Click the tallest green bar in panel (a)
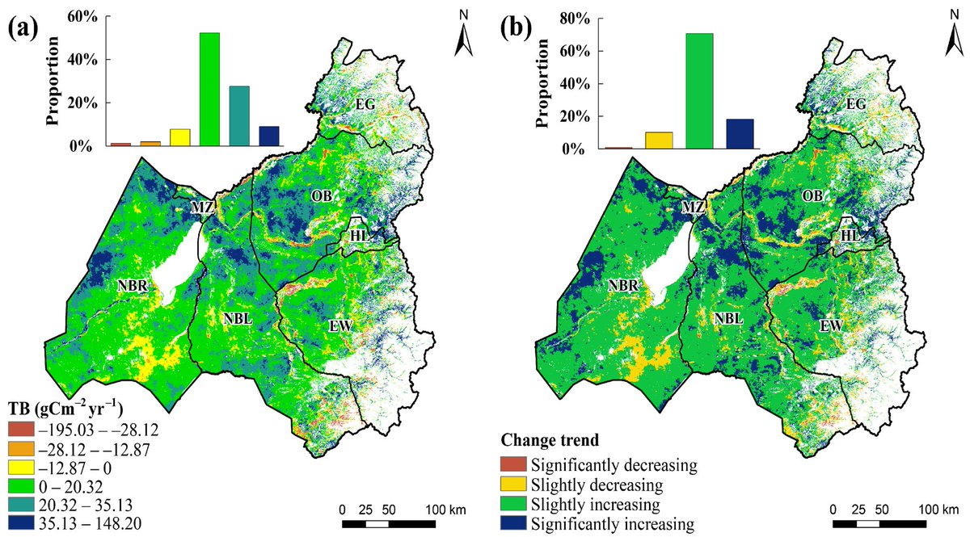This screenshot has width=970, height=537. (x=209, y=89)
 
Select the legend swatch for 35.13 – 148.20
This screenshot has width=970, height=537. (x=20, y=518)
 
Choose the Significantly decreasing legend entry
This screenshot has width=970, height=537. (x=614, y=465)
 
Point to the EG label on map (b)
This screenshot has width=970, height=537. (x=856, y=104)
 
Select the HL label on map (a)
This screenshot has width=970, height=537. (x=361, y=235)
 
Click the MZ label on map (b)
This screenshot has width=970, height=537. (x=693, y=208)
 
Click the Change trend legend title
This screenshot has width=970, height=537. (x=550, y=442)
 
